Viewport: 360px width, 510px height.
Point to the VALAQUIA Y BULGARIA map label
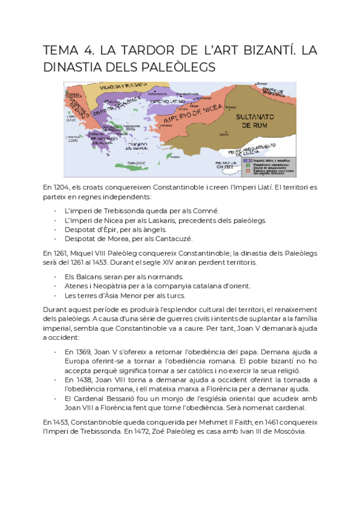click(118, 87)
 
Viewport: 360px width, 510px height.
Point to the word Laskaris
click(157, 220)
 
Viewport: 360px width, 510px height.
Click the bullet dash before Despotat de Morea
click(56, 239)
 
